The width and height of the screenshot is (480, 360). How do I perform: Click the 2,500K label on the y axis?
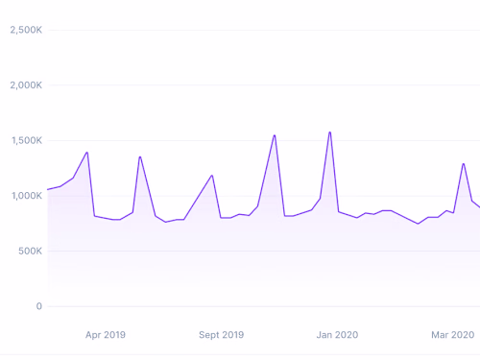pos(25,30)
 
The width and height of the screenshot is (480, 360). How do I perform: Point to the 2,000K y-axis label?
pos(25,85)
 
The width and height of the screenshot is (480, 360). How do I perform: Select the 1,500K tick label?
pos(25,140)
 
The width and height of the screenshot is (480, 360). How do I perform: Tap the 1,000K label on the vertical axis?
pos(25,196)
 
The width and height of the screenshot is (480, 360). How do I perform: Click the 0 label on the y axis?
pos(38,306)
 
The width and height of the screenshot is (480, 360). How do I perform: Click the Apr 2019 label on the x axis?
pos(106,335)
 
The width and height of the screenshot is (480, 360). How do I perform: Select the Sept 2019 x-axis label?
pos(221,335)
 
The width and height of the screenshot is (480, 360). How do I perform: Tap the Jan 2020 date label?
pos(337,335)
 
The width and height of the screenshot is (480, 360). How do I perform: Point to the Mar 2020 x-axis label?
pos(452,335)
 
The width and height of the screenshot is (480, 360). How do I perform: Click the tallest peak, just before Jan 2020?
pos(329,132)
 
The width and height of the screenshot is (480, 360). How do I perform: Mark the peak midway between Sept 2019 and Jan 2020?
pos(275,135)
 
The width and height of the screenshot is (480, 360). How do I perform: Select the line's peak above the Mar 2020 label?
pos(464,163)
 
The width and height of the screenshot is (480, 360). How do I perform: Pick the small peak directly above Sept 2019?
pos(212,176)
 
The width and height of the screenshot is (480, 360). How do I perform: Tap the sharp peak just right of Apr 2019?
pos(140,156)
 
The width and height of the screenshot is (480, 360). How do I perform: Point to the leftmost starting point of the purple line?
pos(48,189)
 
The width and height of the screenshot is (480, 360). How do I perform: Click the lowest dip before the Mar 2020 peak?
pos(418,224)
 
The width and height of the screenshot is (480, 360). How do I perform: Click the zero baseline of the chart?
pos(259,306)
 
